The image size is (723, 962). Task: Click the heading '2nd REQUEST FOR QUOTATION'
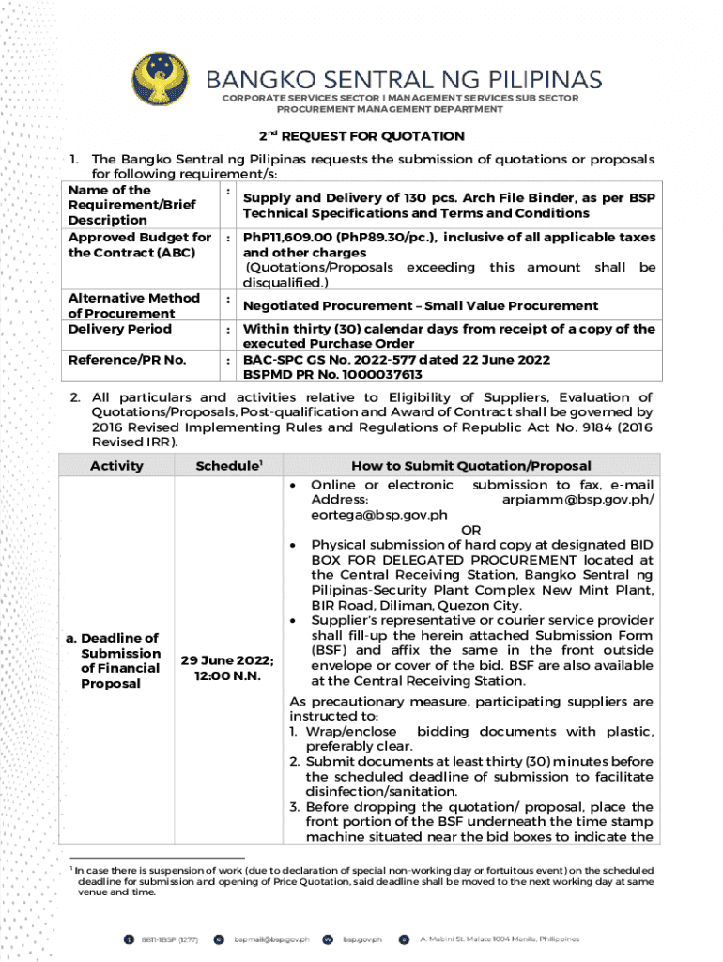coord(361,136)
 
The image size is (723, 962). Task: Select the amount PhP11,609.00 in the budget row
coord(282,238)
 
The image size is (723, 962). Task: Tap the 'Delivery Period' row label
coord(119,329)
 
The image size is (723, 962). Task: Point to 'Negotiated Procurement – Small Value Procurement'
coord(420,305)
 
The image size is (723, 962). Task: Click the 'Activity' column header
coord(116,465)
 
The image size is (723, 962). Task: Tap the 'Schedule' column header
coord(226,465)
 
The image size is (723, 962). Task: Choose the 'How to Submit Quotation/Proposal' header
coord(470,465)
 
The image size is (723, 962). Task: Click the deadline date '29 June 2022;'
coord(227,659)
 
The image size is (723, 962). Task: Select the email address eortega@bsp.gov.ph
coord(378,514)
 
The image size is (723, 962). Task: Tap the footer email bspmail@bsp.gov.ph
coord(271,939)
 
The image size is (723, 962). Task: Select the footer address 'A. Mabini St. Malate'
coord(499,939)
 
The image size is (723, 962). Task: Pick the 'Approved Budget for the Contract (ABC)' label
coord(140,245)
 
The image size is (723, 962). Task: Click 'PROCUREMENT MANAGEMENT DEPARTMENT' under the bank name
coord(400,109)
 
